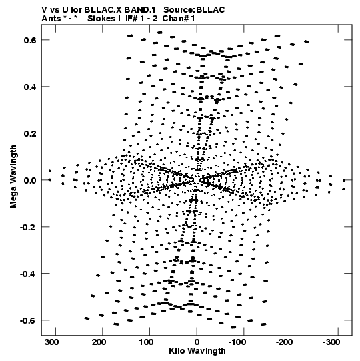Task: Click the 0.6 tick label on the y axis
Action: click(30, 40)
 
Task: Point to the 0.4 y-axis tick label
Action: click(30, 87)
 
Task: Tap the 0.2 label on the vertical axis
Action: click(30, 133)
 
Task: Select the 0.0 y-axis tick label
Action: click(30, 180)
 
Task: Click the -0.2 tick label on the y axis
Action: click(28, 228)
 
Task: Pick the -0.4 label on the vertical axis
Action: click(28, 274)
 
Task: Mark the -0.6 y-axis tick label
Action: click(28, 320)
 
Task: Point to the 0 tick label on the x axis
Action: click(197, 342)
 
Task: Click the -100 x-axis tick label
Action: click(237, 342)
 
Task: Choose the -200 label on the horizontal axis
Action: click(284, 342)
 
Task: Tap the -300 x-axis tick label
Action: click(331, 342)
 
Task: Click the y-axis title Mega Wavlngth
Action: click(13, 176)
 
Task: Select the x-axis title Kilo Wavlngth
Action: click(197, 351)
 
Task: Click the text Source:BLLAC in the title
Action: click(194, 10)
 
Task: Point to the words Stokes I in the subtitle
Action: click(104, 19)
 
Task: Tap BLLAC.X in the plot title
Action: click(103, 10)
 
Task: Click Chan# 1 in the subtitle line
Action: click(179, 19)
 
